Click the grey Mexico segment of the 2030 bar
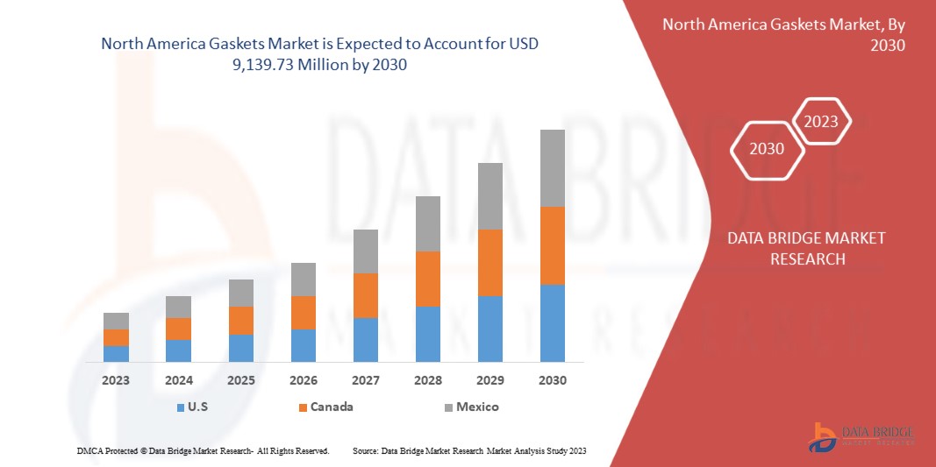[x=552, y=168]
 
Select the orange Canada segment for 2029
[x=489, y=263]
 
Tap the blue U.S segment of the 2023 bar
[x=116, y=354]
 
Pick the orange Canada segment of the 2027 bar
[x=366, y=295]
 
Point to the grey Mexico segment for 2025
[x=241, y=293]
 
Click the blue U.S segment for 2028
[x=428, y=334]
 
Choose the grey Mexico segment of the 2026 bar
[x=304, y=279]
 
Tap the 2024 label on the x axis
[x=178, y=380]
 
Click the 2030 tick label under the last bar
[x=552, y=380]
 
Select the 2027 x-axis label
[x=366, y=380]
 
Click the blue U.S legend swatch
[x=181, y=407]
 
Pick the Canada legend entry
[x=331, y=407]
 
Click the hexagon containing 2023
[x=821, y=122]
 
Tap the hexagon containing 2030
[x=767, y=149]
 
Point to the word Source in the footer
[x=365, y=450]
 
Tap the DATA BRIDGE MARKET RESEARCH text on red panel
[x=806, y=248]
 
